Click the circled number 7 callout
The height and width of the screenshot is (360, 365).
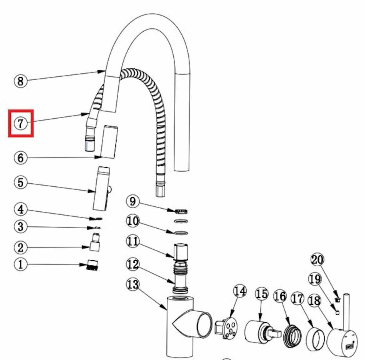pyautogui.click(x=21, y=123)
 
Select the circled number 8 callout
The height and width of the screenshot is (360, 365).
pyautogui.click(x=21, y=81)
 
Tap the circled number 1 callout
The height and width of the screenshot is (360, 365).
pyautogui.click(x=21, y=264)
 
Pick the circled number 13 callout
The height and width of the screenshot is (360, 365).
pyautogui.click(x=133, y=284)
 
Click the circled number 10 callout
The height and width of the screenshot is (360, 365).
pyautogui.click(x=133, y=221)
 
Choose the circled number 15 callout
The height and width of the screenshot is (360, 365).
pyautogui.click(x=262, y=294)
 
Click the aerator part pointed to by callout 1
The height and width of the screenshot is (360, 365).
pyautogui.click(x=92, y=265)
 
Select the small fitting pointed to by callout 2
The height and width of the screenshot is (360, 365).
pyautogui.click(x=95, y=242)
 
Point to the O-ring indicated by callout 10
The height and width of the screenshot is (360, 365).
pyautogui.click(x=181, y=233)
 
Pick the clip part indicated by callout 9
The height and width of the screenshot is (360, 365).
pyautogui.click(x=181, y=211)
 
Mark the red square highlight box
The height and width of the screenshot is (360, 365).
pyautogui.click(x=21, y=123)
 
